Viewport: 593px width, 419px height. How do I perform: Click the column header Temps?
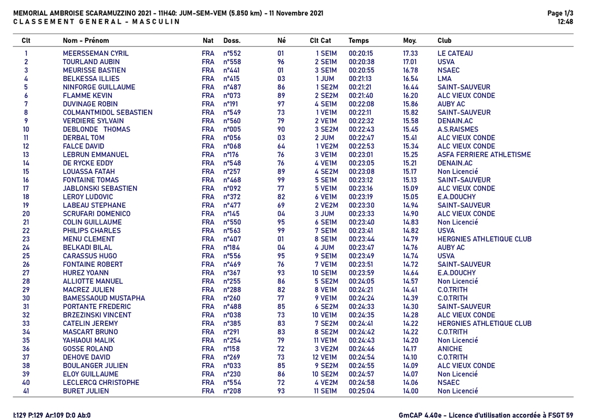click(358, 41)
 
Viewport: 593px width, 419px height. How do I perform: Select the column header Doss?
click(232, 41)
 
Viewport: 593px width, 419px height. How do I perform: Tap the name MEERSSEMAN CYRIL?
click(96, 53)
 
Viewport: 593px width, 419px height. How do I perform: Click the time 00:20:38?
click(361, 62)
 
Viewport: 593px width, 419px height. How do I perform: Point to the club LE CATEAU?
click(455, 53)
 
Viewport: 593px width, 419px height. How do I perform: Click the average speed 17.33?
click(411, 53)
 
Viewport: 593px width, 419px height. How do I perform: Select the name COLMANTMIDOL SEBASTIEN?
click(107, 112)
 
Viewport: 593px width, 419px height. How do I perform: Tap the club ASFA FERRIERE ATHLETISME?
click(484, 155)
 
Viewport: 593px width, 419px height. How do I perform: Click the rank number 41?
click(25, 391)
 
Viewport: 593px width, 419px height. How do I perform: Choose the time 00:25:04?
click(361, 391)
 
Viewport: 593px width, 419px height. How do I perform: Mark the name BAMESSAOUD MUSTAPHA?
click(104, 298)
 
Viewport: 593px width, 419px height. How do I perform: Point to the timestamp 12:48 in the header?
click(565, 22)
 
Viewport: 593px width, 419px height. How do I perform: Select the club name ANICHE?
click(450, 349)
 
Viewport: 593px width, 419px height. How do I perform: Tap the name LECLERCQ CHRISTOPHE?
click(101, 383)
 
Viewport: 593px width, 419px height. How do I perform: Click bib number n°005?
click(232, 129)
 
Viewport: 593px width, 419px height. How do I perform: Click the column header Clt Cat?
click(320, 41)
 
